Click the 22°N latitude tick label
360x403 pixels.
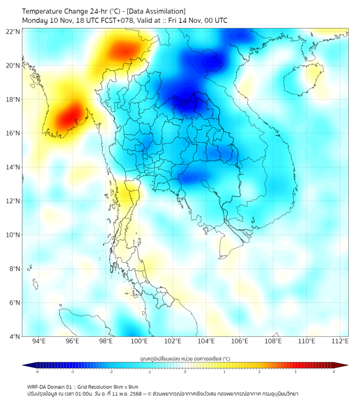[13, 31]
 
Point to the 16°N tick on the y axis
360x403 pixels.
[13, 133]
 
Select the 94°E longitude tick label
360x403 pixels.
[39, 341]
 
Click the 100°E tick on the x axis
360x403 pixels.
[140, 341]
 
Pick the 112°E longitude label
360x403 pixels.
[340, 341]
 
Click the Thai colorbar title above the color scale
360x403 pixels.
[185, 358]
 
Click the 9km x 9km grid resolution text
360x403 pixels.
[125, 386]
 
